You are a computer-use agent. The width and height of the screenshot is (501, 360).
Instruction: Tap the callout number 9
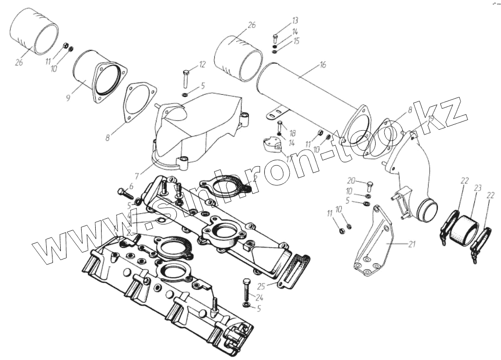tap(68, 98)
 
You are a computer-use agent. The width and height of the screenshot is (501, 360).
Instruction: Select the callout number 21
tap(412, 244)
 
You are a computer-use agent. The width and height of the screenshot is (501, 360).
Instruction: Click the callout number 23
tap(478, 188)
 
